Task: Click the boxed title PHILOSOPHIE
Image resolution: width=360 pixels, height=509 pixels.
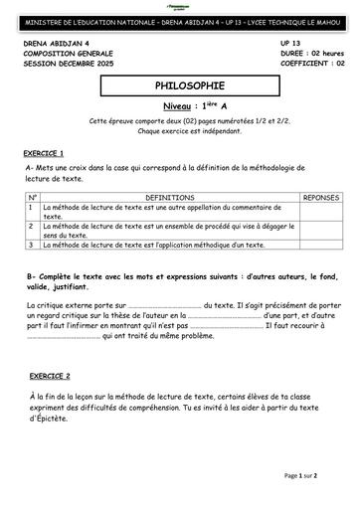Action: pyautogui.click(x=179, y=86)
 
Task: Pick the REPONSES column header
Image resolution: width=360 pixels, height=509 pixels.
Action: pyautogui.click(x=322, y=198)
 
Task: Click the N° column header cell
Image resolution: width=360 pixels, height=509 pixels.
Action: pyautogui.click(x=33, y=198)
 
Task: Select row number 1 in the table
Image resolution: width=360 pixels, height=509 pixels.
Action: pyautogui.click(x=33, y=209)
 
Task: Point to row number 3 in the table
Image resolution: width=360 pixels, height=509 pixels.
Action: pyautogui.click(x=33, y=244)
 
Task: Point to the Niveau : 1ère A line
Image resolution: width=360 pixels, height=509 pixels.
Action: pyautogui.click(x=180, y=105)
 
